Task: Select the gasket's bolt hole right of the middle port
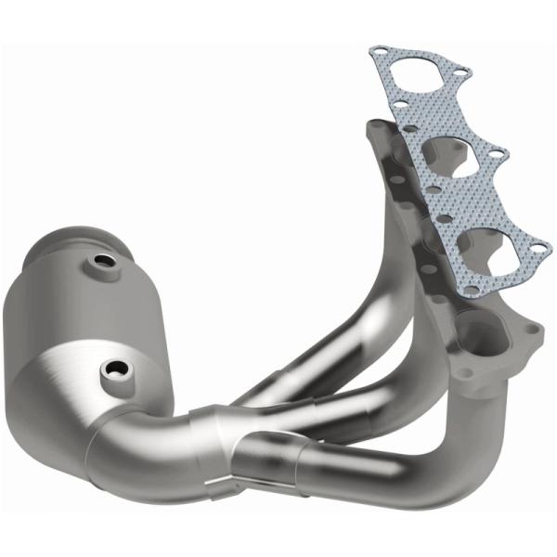pyautogui.click(x=499, y=150)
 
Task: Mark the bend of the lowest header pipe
pyautogui.click(x=436, y=436)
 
